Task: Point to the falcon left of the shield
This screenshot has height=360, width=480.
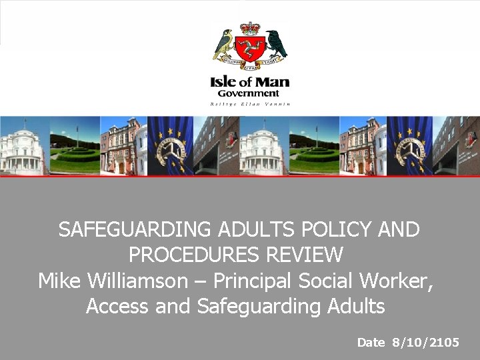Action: click(x=224, y=45)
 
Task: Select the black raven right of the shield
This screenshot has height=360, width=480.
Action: click(x=275, y=43)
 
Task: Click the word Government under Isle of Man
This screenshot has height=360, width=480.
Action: click(x=249, y=94)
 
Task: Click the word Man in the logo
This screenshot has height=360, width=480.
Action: click(x=275, y=83)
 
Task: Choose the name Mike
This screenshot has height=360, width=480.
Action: click(x=58, y=281)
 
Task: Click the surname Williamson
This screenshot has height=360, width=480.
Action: click(x=133, y=281)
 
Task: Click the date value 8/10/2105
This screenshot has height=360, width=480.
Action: click(x=426, y=343)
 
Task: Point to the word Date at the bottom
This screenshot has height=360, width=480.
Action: click(x=371, y=343)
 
